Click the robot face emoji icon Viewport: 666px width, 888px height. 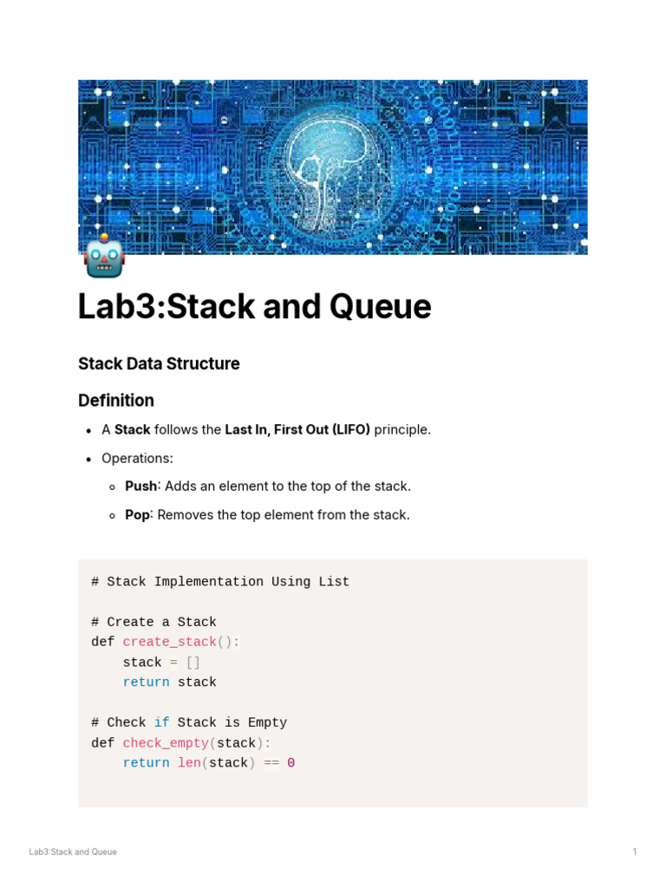[104, 257]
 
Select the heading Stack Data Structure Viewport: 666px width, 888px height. [159, 364]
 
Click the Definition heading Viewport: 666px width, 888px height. [116, 401]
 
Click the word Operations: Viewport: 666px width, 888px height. [137, 458]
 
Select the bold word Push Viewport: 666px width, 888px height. [141, 486]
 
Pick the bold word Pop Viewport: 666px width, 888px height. [137, 515]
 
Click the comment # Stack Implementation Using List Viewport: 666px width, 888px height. [220, 582]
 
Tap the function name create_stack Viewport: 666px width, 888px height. [169, 643]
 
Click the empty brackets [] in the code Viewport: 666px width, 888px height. [193, 663]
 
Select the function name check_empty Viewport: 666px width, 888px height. [166, 743]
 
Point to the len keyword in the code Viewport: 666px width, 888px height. [189, 763]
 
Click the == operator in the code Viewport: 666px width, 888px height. [271, 763]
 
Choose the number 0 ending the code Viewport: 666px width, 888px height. [291, 763]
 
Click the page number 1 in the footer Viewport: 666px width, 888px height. [635, 852]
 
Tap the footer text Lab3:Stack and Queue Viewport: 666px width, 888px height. [73, 852]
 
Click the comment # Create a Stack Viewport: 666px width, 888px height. [153, 623]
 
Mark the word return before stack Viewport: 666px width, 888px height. [146, 682]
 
